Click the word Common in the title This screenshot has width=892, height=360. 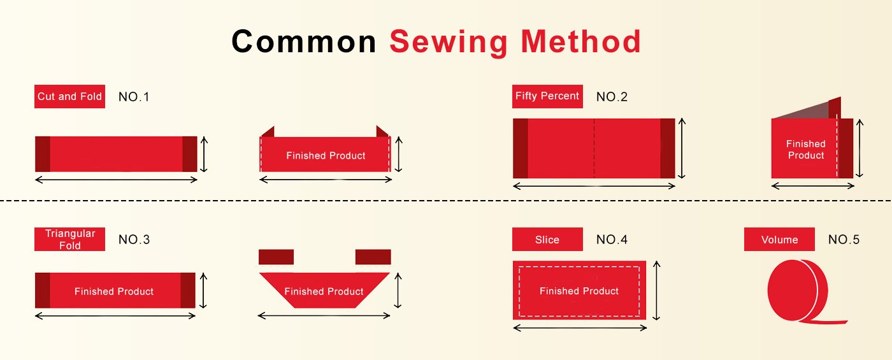[304, 41]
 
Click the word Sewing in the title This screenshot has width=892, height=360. [449, 43]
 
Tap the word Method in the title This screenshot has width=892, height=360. [580, 41]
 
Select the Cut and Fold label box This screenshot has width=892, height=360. [69, 96]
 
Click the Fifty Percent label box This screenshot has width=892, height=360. [547, 96]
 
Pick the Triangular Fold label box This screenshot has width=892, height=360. [69, 240]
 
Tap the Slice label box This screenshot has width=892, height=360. [547, 240]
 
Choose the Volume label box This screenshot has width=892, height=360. [779, 240]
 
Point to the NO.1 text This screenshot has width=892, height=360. [134, 97]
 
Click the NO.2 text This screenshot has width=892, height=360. [612, 97]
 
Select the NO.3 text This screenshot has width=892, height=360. [134, 240]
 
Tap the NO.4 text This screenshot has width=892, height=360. [612, 240]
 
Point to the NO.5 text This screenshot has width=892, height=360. [844, 240]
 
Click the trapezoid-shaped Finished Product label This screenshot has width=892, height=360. [324, 291]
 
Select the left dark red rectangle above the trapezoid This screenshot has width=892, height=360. [277, 257]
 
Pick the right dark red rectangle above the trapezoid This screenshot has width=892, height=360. [373, 257]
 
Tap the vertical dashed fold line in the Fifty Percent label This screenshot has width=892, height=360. [594, 148]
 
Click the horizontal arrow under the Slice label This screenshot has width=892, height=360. [580, 328]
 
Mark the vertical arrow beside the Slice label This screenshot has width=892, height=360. [657, 291]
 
